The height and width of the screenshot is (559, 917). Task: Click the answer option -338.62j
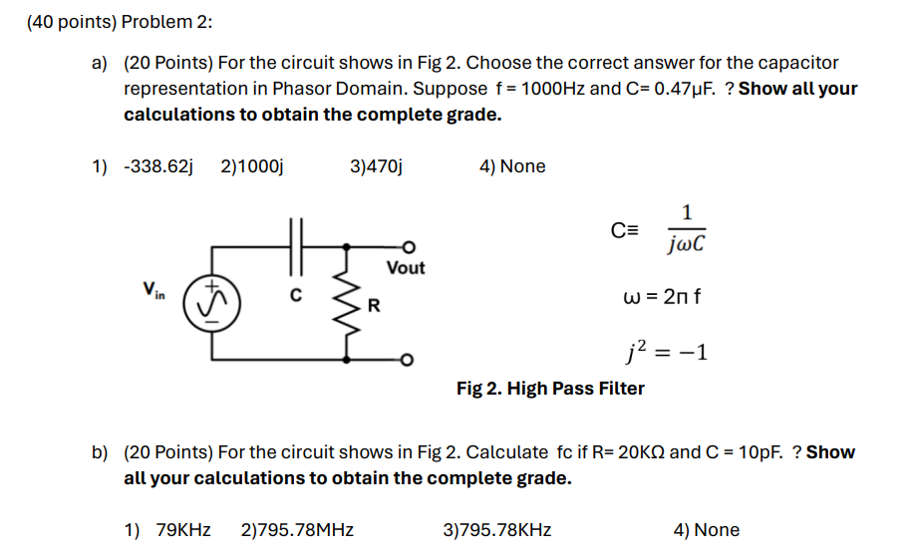click(156, 166)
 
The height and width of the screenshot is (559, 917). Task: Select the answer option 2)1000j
click(252, 166)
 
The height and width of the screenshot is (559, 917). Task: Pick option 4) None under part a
click(512, 166)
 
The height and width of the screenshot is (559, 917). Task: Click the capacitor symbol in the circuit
click(294, 245)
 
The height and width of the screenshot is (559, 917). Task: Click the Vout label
click(405, 267)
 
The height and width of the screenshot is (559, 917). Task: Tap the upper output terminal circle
click(408, 245)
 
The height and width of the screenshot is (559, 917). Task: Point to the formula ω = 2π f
click(662, 297)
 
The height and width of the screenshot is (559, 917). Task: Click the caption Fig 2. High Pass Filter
click(550, 389)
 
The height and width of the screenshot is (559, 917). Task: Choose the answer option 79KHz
click(183, 530)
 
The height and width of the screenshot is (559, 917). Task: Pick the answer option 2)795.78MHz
click(297, 530)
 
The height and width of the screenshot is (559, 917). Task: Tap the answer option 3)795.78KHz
click(496, 530)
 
